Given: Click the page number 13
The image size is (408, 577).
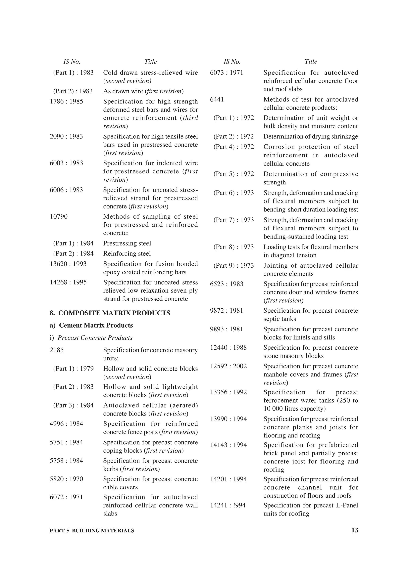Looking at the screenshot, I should point(354,530).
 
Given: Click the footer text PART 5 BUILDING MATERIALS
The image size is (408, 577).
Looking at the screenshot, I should point(92,531).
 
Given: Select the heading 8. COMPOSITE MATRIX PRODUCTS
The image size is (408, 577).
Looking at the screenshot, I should point(110,313).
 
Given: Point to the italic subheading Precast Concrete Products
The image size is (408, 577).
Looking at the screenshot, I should point(95,337).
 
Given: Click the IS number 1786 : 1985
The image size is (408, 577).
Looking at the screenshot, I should point(66,101).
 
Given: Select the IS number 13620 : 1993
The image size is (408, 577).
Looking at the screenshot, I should point(68,264).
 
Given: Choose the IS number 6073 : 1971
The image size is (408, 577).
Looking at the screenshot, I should point(227,73).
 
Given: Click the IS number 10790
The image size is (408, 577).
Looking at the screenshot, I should point(59,216).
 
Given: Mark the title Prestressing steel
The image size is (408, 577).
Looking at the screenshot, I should point(127,243).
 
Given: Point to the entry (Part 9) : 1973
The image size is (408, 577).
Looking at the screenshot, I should point(233,265).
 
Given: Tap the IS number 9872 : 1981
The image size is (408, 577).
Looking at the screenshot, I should point(227,310).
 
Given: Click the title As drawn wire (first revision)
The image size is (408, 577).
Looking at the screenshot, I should point(143,91).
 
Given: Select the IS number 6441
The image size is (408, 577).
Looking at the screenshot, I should point(217,99).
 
